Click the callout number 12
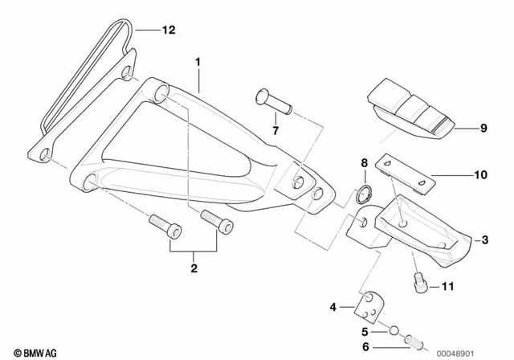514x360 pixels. click(167, 31)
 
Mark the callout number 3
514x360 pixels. click(484, 239)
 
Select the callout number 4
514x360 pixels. click(333, 306)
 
